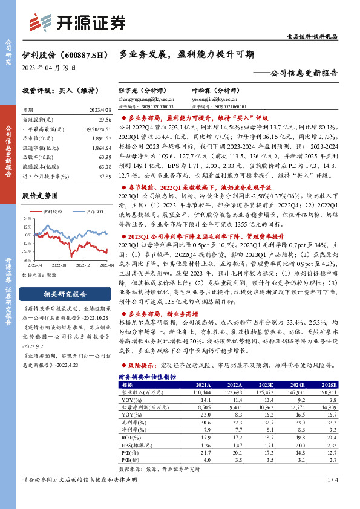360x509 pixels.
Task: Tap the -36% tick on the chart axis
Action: coord(28,259)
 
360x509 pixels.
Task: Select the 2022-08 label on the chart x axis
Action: coord(60,264)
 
